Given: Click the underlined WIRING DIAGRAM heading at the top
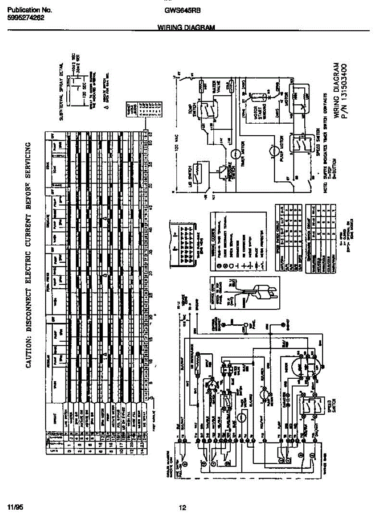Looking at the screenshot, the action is tap(185, 28).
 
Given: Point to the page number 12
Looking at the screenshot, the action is tap(182, 508).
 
